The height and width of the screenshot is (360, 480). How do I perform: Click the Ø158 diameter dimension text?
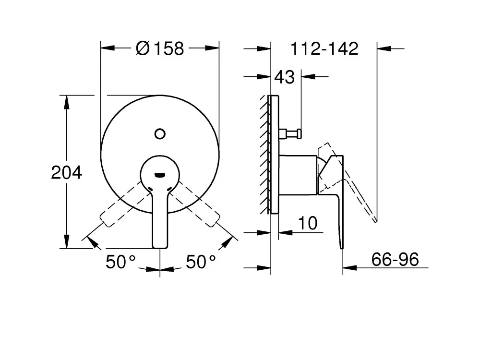pos(160,48)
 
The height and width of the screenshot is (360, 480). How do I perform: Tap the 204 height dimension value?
pos(66,172)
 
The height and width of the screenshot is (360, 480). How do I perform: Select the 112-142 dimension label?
pos(324,48)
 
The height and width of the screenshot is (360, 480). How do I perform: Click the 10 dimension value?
pos(307,223)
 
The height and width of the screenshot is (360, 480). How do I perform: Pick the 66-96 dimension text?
pos(396,260)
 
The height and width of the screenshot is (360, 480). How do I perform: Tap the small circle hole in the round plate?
pos(160,133)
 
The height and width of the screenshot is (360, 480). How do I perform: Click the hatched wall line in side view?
pos(265,154)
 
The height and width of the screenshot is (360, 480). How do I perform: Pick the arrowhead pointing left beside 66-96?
pos(349,267)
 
